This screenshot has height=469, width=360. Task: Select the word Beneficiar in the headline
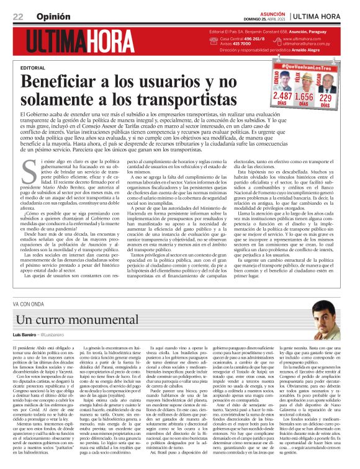(x=61, y=81)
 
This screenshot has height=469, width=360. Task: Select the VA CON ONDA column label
(x=29, y=303)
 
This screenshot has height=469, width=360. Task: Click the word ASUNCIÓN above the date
(x=268, y=14)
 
